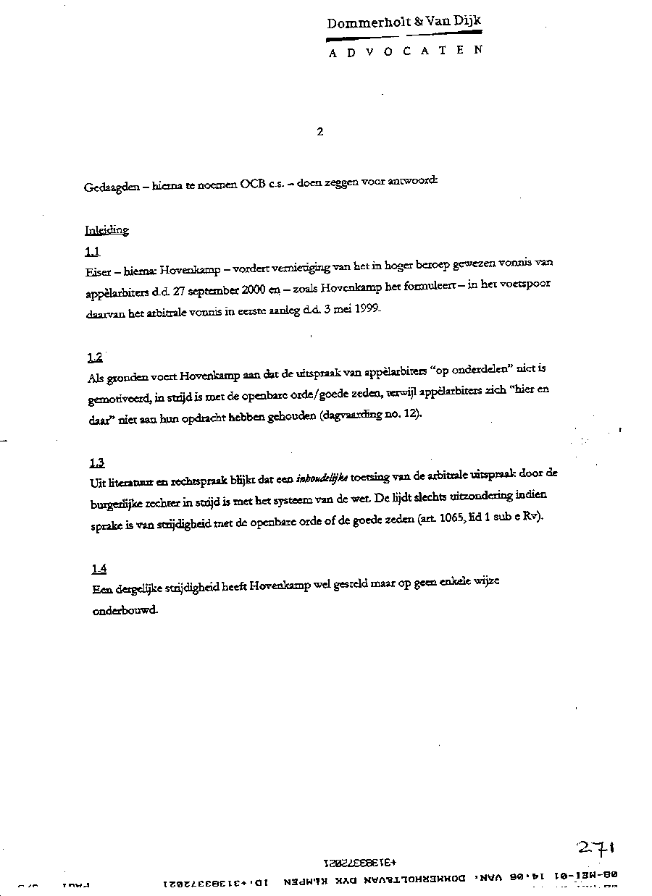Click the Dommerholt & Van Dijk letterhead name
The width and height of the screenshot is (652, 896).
pos(404,22)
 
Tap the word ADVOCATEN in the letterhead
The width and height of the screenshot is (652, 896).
pos(405,52)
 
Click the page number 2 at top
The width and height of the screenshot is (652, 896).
pos(319,132)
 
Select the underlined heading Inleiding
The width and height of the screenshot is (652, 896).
pos(106,230)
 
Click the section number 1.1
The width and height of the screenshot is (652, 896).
pos(92,251)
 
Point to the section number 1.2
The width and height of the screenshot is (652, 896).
pos(94,357)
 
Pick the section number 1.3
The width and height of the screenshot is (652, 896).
pos(97,462)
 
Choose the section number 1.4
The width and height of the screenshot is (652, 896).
pos(99,568)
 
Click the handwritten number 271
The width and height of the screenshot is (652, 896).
pos(595,848)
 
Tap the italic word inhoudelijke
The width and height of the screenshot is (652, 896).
pos(322,478)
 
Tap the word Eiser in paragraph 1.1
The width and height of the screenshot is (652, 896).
pos(96,270)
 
